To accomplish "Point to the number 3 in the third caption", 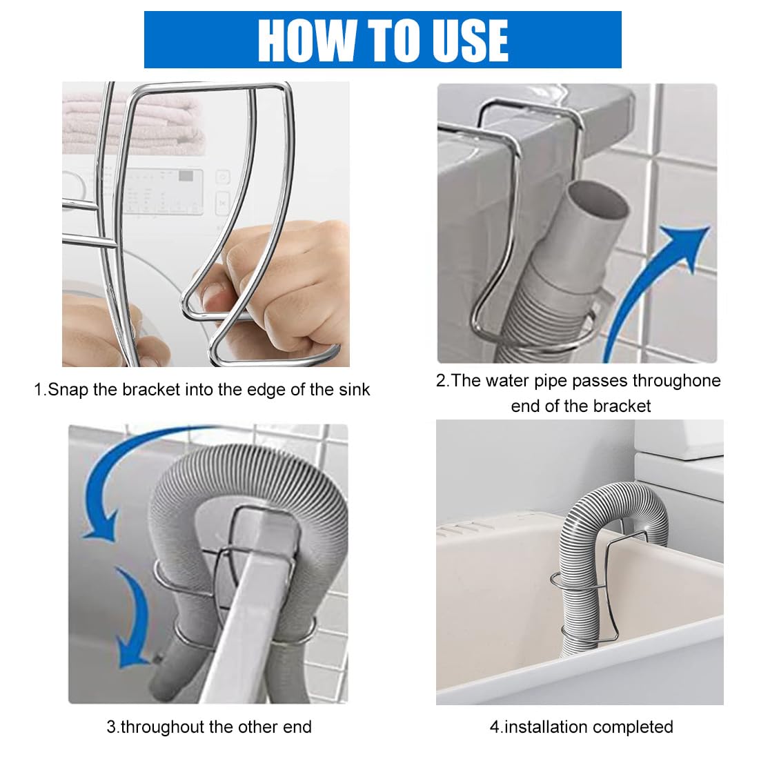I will [110, 727].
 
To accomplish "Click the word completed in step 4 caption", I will [633, 727].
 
